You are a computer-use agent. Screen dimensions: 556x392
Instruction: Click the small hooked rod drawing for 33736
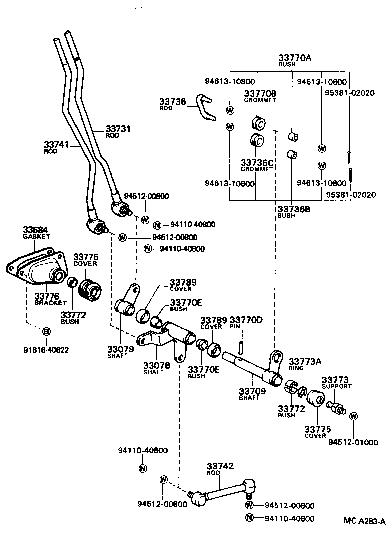(x=205, y=107)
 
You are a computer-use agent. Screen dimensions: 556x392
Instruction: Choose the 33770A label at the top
(x=294, y=58)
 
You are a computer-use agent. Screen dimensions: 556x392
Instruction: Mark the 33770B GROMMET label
(x=260, y=96)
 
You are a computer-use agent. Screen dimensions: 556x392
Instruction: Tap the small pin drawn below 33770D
(x=241, y=346)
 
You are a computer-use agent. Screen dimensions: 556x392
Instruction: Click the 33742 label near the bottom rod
(x=220, y=466)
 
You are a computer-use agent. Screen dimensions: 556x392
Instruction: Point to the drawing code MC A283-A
(x=364, y=521)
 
